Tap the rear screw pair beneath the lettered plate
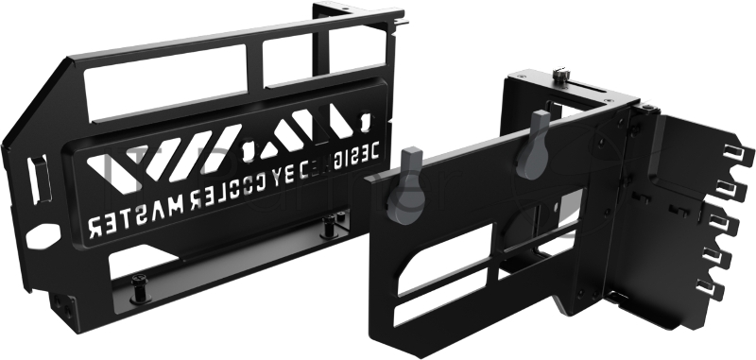coord(328,227)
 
